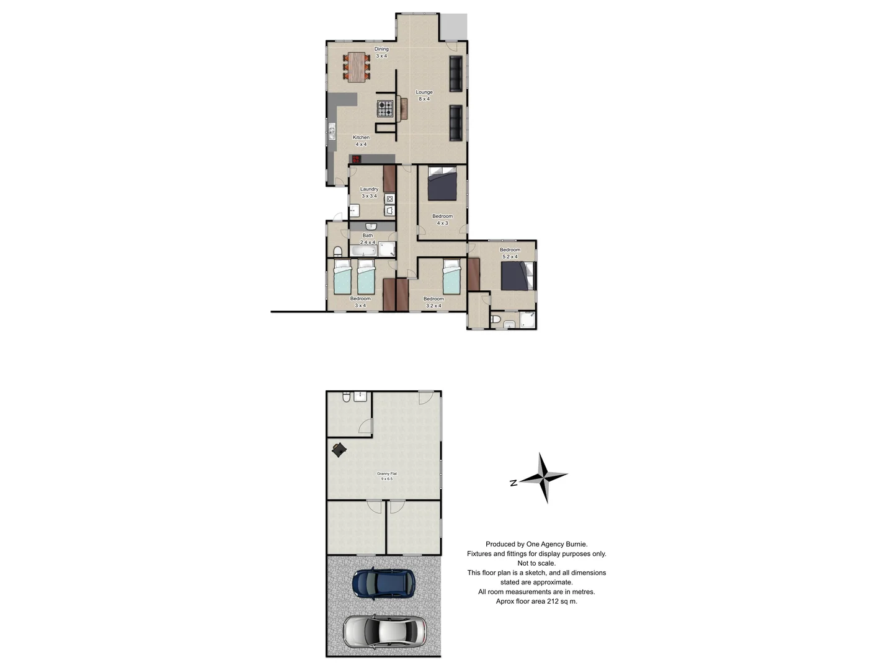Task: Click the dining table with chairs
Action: (x=357, y=66)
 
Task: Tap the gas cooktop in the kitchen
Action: (x=385, y=109)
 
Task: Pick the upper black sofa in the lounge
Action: (x=456, y=74)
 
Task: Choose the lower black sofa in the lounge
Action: (x=456, y=123)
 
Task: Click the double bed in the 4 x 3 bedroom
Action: (x=442, y=184)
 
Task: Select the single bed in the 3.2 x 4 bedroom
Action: (x=451, y=277)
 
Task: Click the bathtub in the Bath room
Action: (x=363, y=251)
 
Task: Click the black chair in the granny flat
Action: (x=339, y=449)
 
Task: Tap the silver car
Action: (x=384, y=631)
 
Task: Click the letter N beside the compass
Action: (x=513, y=483)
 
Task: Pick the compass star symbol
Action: (x=544, y=477)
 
